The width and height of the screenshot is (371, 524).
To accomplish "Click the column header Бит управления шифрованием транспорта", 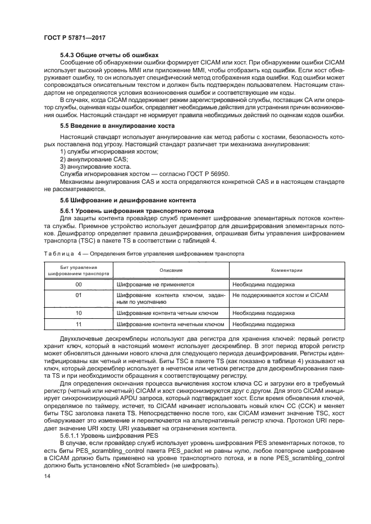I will [x=79, y=270].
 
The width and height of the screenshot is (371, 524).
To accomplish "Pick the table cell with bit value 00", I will [x=79, y=285].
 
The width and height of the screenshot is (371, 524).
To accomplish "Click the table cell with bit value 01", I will [x=79, y=295].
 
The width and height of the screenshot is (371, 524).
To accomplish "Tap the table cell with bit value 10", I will [x=79, y=313].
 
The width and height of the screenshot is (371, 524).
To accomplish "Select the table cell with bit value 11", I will [x=79, y=324].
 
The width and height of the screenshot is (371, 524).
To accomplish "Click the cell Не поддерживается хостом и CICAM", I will [x=280, y=295].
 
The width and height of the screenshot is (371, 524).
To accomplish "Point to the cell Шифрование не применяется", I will [x=155, y=285].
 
